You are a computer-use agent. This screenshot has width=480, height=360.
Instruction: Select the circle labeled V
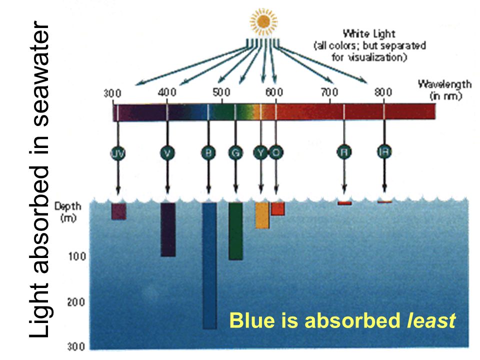point(167,153)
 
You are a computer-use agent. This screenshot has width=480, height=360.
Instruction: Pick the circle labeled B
point(208,153)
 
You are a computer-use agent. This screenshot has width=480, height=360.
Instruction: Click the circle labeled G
point(235,153)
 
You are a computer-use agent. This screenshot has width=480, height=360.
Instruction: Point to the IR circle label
point(384,153)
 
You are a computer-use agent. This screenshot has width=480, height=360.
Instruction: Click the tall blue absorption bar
point(209,265)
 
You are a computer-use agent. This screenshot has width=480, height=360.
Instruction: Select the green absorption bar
point(235,231)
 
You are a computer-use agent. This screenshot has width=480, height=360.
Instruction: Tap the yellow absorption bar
point(262,215)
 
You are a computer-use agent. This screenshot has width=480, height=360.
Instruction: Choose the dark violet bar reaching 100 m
point(168,229)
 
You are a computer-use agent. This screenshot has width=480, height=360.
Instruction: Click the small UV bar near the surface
point(118,211)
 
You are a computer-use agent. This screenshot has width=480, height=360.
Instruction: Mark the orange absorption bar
point(278,208)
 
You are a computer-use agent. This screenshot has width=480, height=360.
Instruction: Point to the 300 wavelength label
point(112,93)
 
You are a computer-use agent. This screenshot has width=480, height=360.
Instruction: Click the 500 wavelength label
point(220,92)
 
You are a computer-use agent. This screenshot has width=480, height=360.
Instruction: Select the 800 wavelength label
point(383,92)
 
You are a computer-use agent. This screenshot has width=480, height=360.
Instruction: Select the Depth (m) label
point(68,212)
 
